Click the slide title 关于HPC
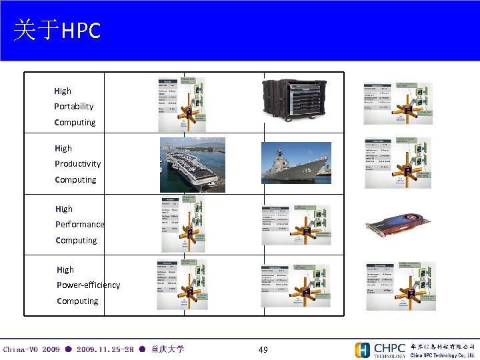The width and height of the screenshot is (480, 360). tap(57, 30)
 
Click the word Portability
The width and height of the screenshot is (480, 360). tap(74, 107)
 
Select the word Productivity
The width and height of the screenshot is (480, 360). tap(78, 164)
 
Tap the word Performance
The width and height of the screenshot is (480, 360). tap(80, 225)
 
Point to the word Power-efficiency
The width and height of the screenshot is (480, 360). tap(89, 285)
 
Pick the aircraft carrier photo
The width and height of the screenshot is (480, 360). tap(189, 164)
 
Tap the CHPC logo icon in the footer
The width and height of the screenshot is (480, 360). tap(363, 350)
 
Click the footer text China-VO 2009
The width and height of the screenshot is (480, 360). tap(31, 349)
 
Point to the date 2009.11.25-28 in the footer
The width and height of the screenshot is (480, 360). tap(105, 349)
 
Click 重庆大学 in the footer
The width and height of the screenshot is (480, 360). tap(167, 349)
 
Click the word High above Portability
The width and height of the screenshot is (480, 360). tap(63, 91)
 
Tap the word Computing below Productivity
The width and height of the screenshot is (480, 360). tap(75, 180)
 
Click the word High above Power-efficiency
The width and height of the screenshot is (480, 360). tap(65, 270)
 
